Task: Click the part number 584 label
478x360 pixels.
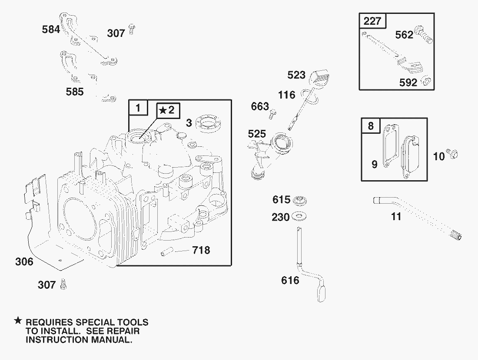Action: coord(51,30)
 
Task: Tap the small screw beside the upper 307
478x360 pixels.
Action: coord(132,30)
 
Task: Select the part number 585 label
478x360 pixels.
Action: coord(74,92)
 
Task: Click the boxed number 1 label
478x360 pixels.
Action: coord(138,108)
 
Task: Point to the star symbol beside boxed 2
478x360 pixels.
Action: coord(162,110)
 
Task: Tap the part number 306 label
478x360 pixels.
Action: coord(24,261)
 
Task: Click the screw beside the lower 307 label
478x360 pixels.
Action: coord(64,284)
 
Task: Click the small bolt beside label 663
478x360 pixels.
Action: coord(273,114)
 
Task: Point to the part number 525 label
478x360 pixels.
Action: coord(257,134)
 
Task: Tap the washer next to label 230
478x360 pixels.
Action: coord(299,216)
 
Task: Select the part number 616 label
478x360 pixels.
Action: coord(290,280)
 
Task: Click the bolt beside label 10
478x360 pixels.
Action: coord(454,153)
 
